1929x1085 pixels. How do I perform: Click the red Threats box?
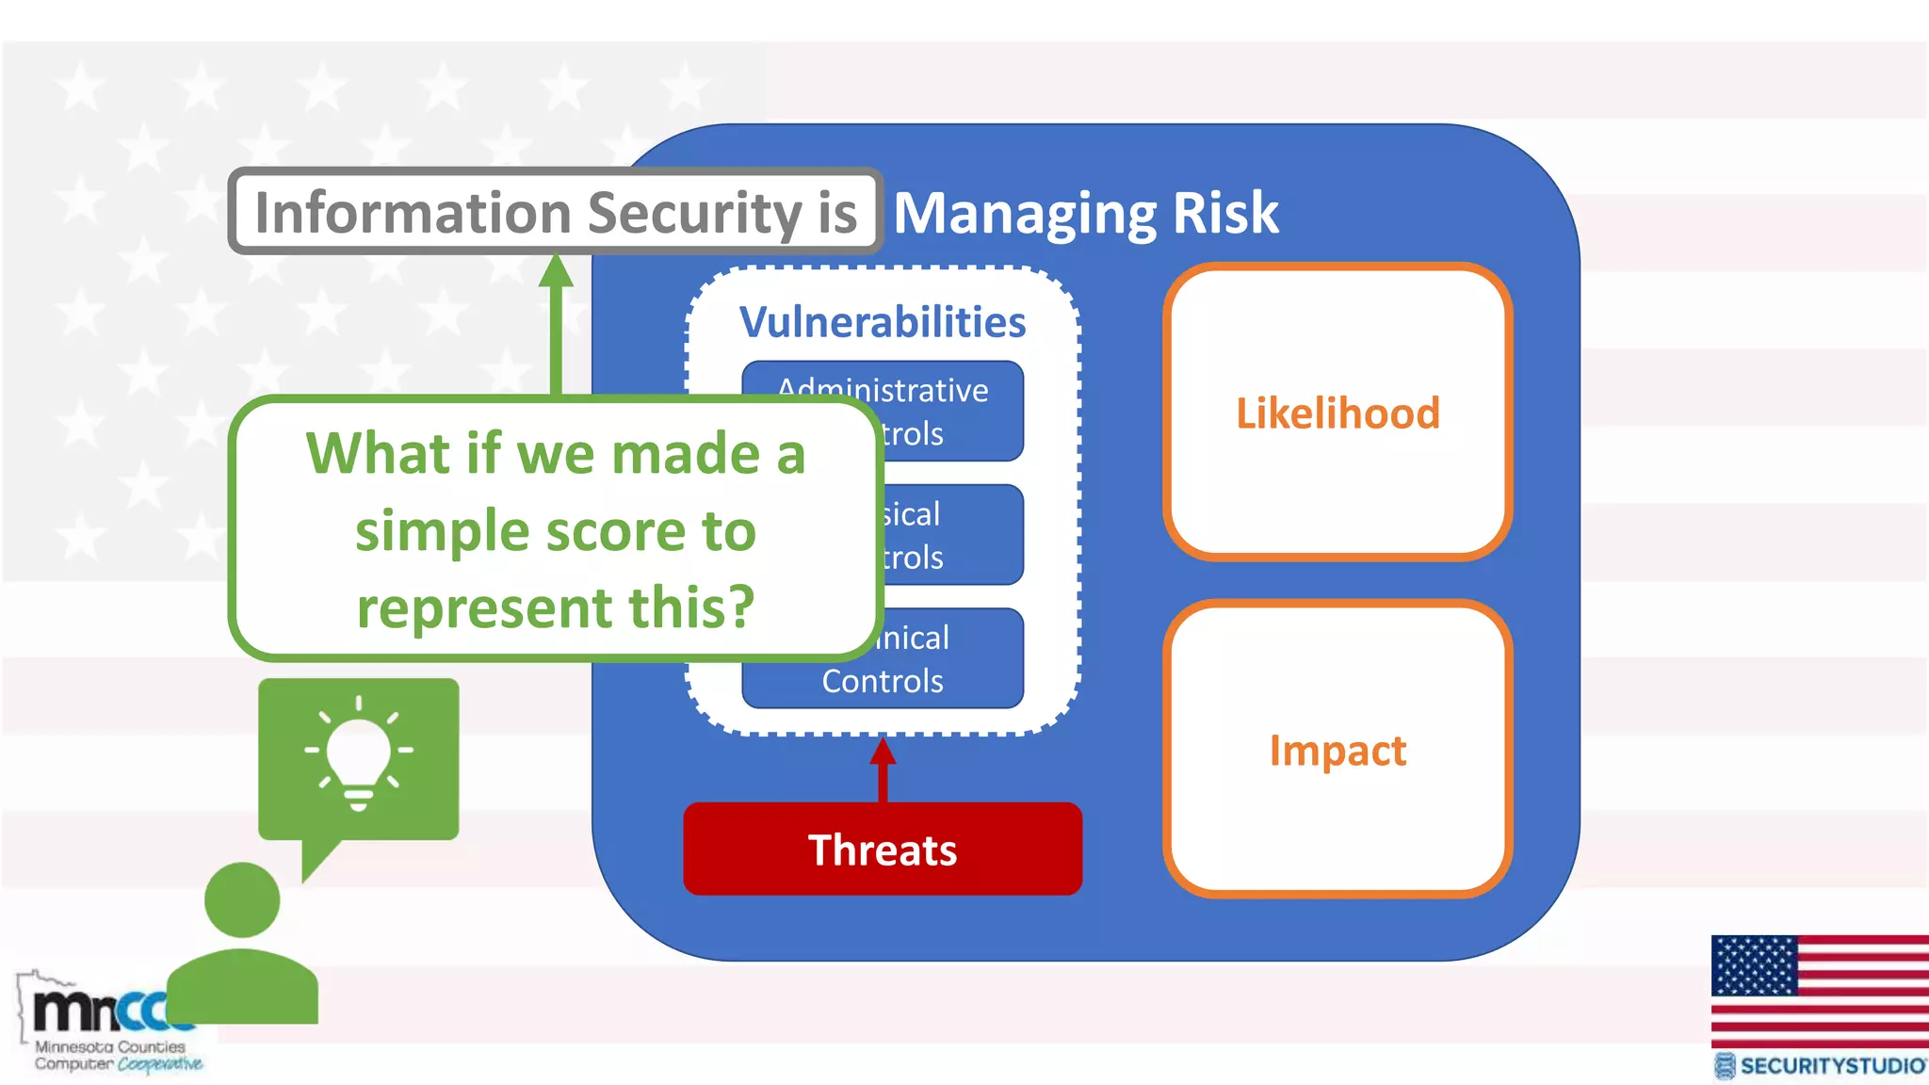pos(883,849)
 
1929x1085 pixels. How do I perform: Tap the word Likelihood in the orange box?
pos(1337,413)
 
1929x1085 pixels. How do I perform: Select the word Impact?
pos(1337,751)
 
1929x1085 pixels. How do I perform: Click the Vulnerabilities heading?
pos(883,322)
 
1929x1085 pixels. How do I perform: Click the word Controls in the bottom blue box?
pos(883,681)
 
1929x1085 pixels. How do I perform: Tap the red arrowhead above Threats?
pos(883,752)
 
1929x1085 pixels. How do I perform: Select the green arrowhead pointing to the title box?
pos(556,270)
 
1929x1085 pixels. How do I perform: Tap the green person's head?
pos(242,899)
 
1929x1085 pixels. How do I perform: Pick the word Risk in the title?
pos(1225,213)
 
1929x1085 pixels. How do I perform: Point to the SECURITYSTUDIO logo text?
pos(1831,1065)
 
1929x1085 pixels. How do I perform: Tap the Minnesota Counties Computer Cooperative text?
pos(111,1055)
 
